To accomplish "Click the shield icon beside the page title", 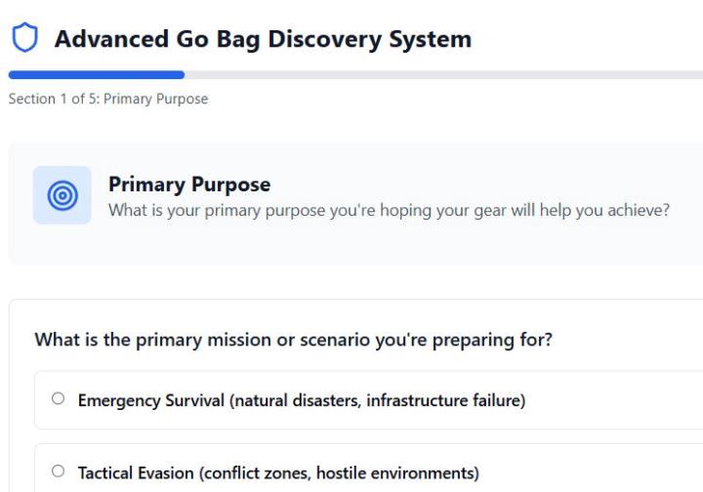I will [23, 38].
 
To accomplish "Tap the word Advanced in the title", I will [108, 39].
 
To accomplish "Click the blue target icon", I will [62, 195].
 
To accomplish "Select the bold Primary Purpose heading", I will [189, 184].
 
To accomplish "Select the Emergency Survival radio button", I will [59, 399].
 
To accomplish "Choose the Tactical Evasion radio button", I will [59, 472].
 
